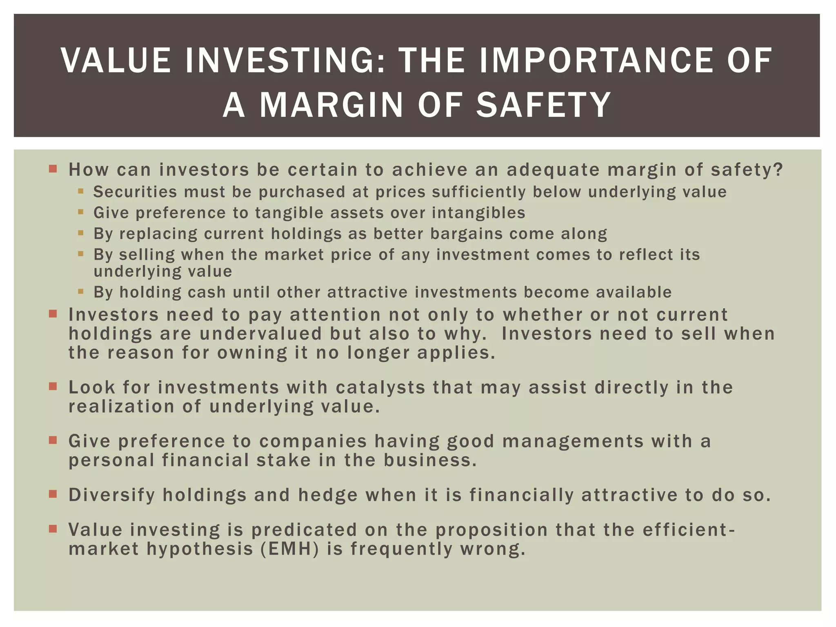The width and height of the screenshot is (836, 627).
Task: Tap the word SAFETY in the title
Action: (543, 105)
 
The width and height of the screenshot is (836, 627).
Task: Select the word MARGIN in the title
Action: (331, 105)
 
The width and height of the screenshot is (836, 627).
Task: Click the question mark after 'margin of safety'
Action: (778, 169)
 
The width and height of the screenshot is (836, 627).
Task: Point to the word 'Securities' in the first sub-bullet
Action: (135, 192)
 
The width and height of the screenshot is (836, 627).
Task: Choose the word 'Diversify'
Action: (112, 495)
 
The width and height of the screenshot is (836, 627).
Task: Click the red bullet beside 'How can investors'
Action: (53, 169)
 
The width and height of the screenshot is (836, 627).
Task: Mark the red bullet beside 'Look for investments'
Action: (53, 386)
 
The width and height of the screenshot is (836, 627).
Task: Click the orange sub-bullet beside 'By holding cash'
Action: (80, 291)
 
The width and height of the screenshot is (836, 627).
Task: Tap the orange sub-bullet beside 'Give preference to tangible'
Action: (80, 212)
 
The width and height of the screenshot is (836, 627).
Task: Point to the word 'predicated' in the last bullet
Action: (304, 530)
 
